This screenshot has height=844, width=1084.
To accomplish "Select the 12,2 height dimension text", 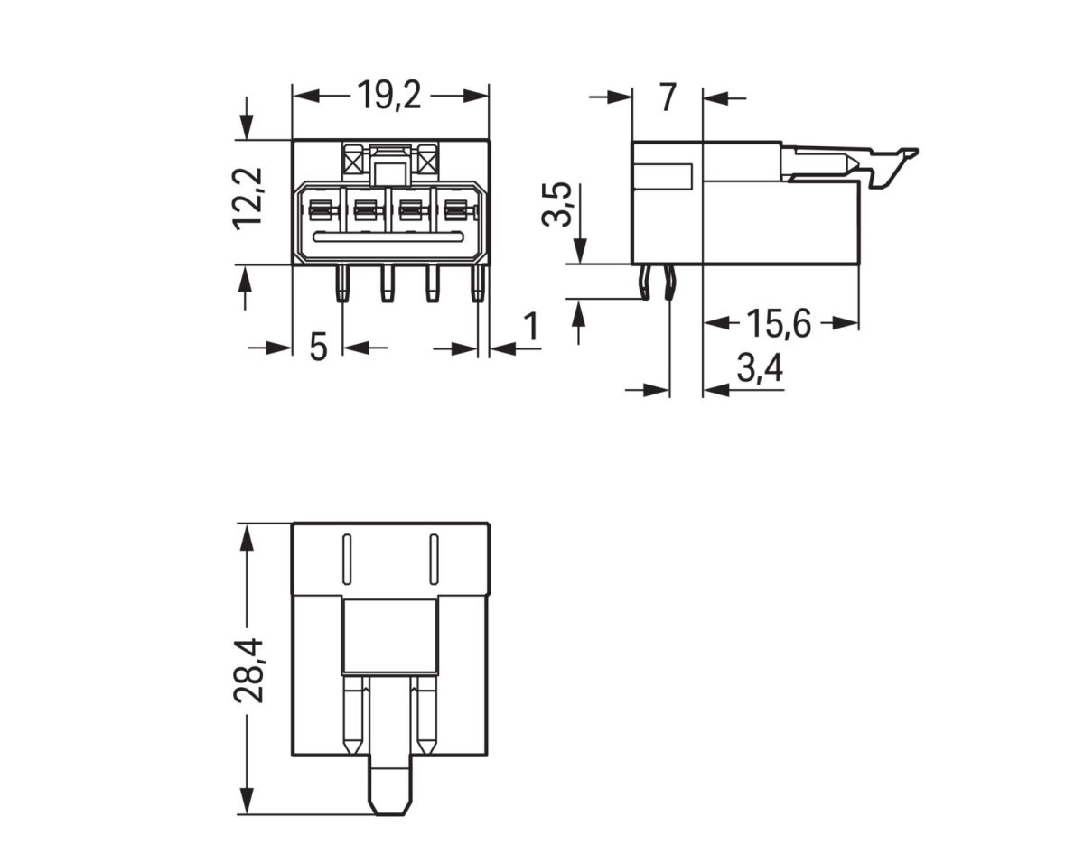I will click(x=248, y=199).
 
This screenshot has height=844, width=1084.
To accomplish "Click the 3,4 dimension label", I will click(x=759, y=369).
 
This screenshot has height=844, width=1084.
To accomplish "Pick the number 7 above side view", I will click(x=667, y=97).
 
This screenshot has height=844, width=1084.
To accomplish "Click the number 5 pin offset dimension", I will click(x=318, y=347).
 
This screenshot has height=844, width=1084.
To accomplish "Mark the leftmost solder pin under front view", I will click(x=342, y=283).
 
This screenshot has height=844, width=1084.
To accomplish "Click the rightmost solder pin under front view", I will click(x=477, y=283).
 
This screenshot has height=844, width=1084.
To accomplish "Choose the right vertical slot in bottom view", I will click(x=433, y=560).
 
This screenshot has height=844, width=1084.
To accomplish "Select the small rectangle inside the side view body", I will click(x=664, y=175).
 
